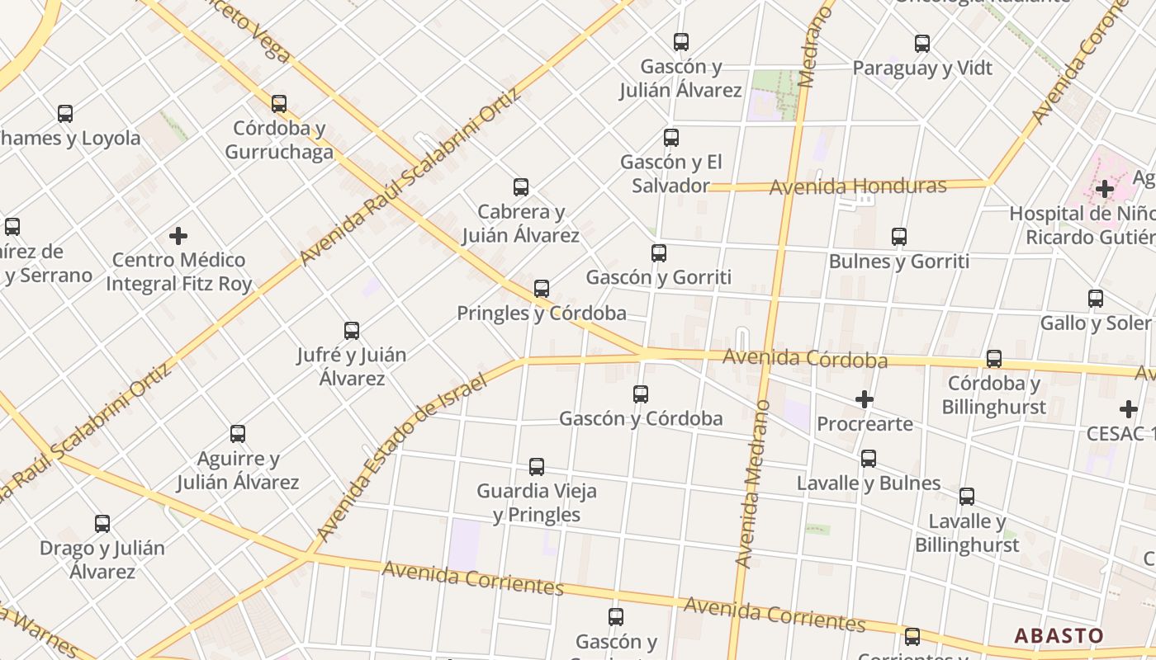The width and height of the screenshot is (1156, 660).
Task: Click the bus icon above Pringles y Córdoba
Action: point(542,289)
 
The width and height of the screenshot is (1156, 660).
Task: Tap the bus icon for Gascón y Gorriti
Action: point(659,253)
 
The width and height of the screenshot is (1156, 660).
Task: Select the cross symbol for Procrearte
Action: point(865,400)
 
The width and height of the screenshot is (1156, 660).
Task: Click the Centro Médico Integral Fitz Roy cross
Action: point(178,236)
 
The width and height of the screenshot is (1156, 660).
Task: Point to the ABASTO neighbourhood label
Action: point(1059,636)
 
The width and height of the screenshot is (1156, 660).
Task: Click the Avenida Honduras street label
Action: point(858,186)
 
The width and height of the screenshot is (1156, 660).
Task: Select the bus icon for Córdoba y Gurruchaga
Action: point(279,104)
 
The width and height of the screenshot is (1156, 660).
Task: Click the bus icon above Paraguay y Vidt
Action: point(922,44)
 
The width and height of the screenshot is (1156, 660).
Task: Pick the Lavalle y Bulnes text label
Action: point(869,483)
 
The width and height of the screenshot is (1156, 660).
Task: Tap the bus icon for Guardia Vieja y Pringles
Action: point(537,467)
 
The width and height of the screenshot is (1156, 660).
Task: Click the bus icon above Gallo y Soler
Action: point(1096,299)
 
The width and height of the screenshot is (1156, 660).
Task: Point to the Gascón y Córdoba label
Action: point(641,418)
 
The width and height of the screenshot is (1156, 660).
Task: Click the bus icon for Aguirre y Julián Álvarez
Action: point(238,434)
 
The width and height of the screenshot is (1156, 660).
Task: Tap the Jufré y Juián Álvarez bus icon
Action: point(352,331)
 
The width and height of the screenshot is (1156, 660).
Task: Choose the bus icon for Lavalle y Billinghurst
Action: point(967,497)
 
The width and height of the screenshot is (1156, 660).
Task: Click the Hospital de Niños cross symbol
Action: point(1105,190)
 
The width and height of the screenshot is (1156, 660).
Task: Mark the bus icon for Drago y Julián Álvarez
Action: point(102,524)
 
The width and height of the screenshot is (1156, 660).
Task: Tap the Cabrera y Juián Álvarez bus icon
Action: point(521,187)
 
